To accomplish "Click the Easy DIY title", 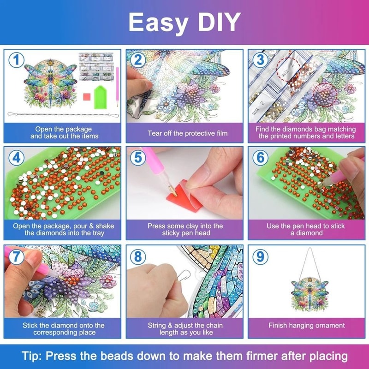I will coord(184,22).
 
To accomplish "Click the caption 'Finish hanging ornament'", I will coord(307,325).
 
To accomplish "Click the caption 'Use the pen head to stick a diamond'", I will coord(307,229).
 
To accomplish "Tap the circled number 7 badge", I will coord(17,256).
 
